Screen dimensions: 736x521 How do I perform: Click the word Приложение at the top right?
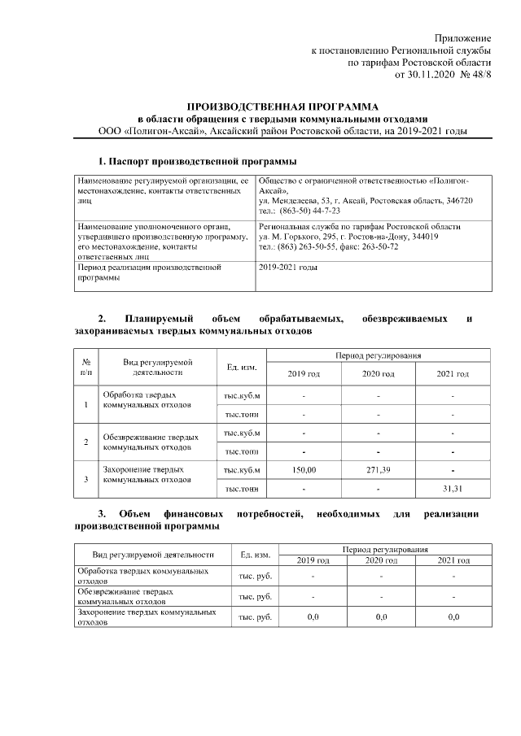(x=462, y=38)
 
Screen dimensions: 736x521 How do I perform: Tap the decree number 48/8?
(x=481, y=74)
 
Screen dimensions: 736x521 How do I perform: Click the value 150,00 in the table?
(x=304, y=470)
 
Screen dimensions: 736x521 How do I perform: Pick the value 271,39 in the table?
(x=379, y=470)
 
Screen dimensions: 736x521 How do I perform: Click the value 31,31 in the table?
(x=452, y=488)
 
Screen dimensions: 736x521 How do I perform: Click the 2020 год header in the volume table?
(x=379, y=374)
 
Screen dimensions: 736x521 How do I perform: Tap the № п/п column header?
(x=86, y=368)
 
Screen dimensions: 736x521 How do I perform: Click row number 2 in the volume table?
(x=86, y=442)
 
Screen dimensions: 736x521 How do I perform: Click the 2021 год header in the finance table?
(x=453, y=560)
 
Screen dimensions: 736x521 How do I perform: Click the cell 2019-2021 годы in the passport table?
(x=287, y=267)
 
